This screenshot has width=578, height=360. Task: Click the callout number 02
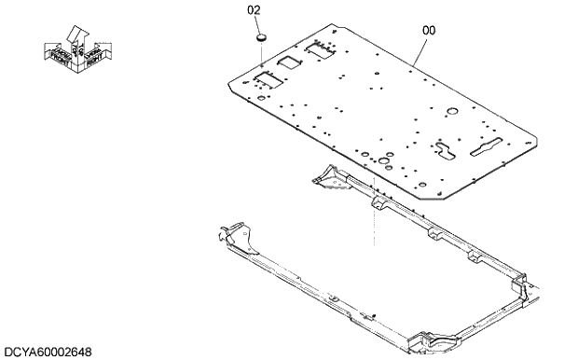[254, 10]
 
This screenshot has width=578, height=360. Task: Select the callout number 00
[429, 30]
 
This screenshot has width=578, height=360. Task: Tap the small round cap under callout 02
[261, 36]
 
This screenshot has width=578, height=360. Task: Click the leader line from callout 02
[260, 56]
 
